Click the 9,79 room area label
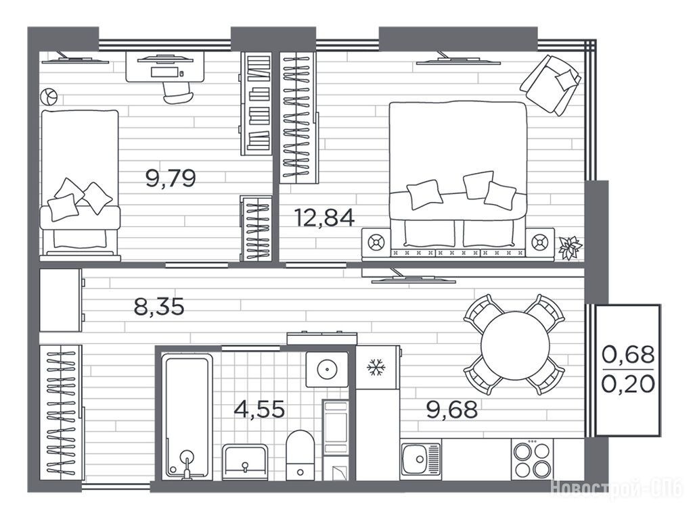[171, 178]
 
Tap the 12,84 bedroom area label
[325, 218]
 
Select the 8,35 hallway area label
[158, 306]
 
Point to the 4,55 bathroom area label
[259, 409]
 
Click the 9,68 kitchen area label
[452, 410]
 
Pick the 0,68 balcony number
[628, 354]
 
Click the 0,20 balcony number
[628, 384]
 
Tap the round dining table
[515, 345]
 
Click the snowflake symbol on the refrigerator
[376, 367]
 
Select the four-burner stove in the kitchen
[532, 459]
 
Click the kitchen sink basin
[420, 460]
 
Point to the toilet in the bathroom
[300, 455]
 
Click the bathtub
[187, 418]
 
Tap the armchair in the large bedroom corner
[551, 84]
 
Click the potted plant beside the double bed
[571, 247]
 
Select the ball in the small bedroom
[49, 96]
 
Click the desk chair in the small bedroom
[178, 93]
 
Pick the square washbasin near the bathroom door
[327, 370]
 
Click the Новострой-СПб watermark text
[617, 489]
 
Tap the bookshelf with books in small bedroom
[256, 103]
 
